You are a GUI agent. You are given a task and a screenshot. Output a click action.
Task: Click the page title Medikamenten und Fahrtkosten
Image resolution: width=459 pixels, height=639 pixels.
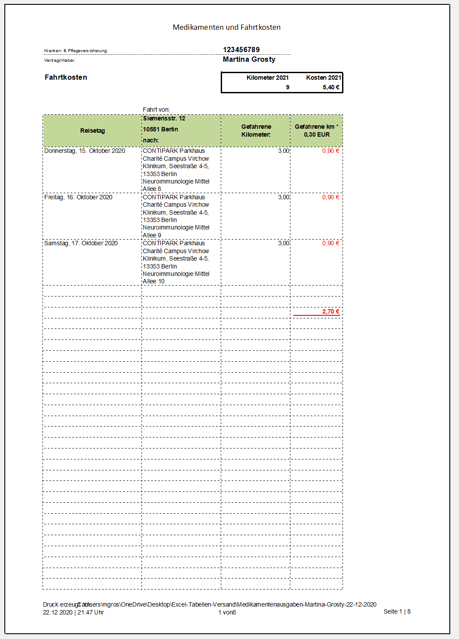click(226, 27)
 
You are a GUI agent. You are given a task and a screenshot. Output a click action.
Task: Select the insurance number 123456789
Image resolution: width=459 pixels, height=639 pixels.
click(241, 49)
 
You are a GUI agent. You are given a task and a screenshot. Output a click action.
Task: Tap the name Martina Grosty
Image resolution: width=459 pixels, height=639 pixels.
click(249, 59)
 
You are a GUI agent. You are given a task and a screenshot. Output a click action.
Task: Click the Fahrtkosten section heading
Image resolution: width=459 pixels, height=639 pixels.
click(66, 77)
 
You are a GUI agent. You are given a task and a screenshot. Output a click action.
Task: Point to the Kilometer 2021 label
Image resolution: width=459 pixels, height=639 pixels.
click(267, 78)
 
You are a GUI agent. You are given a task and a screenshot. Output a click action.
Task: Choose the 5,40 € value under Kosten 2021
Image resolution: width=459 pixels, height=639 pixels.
click(331, 87)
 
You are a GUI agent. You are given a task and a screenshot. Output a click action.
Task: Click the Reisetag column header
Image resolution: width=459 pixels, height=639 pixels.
click(92, 131)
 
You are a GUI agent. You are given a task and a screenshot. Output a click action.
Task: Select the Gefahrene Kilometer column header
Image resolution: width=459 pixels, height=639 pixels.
click(256, 131)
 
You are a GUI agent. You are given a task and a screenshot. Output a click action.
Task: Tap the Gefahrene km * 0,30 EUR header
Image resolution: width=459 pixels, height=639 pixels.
click(316, 131)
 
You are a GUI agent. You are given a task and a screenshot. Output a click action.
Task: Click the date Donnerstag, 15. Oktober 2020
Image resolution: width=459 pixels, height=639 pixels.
click(85, 151)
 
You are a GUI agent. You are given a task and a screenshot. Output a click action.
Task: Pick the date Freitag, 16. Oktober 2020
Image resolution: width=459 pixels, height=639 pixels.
click(78, 197)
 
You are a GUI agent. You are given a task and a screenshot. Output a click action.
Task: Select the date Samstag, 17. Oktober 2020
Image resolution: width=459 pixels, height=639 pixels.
click(81, 243)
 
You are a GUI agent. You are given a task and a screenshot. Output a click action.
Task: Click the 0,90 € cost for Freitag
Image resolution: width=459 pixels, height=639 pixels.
click(331, 197)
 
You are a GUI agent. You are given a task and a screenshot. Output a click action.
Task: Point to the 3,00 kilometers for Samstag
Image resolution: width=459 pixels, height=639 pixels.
click(283, 243)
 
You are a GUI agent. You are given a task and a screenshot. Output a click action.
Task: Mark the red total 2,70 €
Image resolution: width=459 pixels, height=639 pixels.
click(331, 311)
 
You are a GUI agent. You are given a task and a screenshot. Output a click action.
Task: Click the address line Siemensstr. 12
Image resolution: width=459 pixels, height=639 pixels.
click(164, 118)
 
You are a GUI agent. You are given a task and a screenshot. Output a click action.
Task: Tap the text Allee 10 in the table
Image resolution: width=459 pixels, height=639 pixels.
click(154, 281)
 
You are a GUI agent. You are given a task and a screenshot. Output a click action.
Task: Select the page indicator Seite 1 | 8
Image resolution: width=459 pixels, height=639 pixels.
click(397, 611)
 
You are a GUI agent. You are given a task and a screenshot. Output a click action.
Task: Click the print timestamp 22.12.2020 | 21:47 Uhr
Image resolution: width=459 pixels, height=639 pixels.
click(73, 612)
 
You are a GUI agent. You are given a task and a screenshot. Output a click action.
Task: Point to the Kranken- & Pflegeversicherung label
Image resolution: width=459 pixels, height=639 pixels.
click(76, 51)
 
